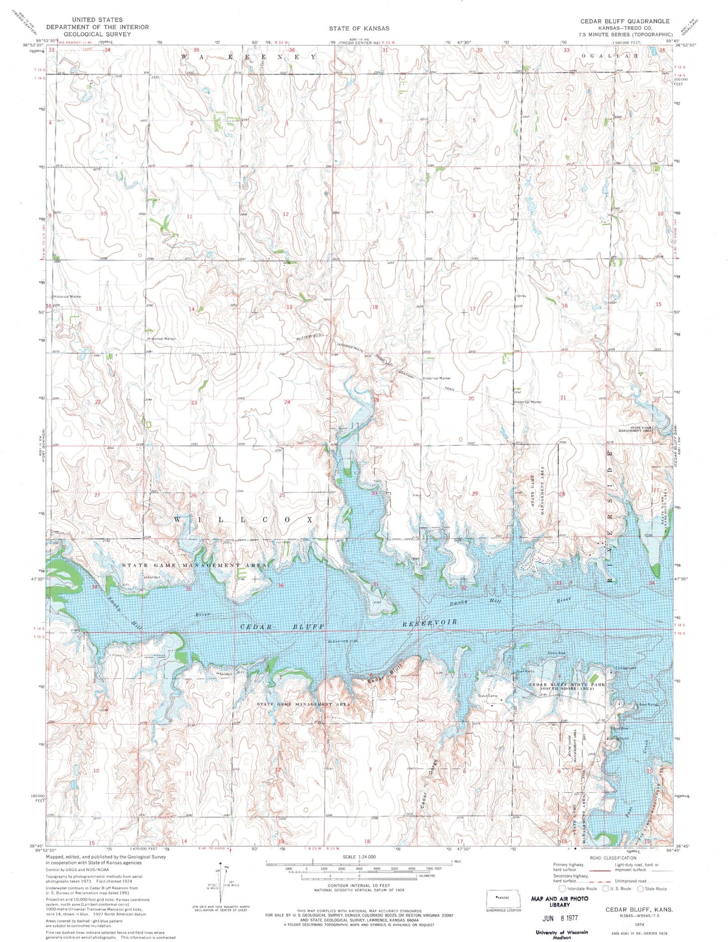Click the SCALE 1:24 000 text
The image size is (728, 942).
359,857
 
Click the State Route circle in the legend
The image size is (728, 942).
641,889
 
